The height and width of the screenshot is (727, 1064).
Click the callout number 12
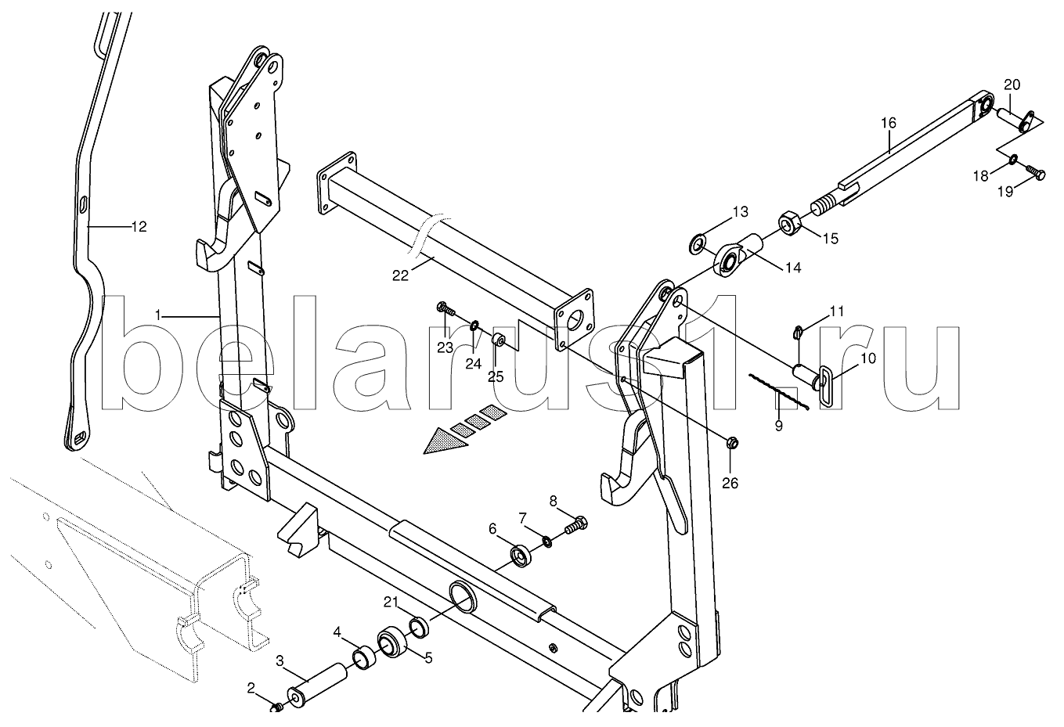pyautogui.click(x=139, y=228)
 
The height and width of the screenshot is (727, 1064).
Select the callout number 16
pyautogui.click(x=888, y=123)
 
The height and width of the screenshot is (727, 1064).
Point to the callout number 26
pyautogui.click(x=730, y=483)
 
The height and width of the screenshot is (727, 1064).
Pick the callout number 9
pyautogui.click(x=778, y=426)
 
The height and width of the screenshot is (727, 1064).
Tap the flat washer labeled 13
pyautogui.click(x=696, y=247)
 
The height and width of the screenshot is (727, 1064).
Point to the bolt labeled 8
pyautogui.click(x=575, y=525)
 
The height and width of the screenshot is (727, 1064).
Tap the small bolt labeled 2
pyautogui.click(x=277, y=707)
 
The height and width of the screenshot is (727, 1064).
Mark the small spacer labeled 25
pyautogui.click(x=497, y=341)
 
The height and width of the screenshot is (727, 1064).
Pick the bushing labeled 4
pyautogui.click(x=364, y=655)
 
